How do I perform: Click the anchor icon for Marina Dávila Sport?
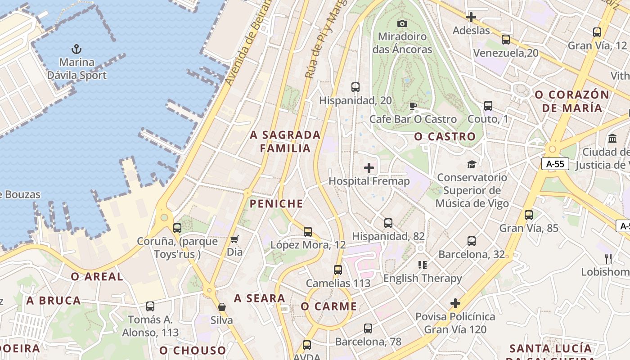[76, 49]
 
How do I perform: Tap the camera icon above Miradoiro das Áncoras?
[402, 23]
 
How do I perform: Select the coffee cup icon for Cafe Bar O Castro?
[413, 106]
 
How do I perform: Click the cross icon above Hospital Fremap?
[369, 168]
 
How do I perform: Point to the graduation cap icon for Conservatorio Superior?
[472, 164]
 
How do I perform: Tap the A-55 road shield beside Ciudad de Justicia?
[555, 164]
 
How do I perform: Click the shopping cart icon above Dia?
[234, 239]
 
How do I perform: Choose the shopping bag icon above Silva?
[222, 307]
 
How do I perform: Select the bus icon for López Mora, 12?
[308, 232]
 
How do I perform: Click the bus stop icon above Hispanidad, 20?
[355, 87]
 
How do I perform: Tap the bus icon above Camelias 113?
[338, 270]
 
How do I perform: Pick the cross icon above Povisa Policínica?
[455, 303]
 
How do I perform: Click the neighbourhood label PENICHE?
[276, 204]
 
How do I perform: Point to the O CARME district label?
[328, 307]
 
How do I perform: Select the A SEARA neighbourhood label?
[260, 298]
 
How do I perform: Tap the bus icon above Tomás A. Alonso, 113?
[150, 306]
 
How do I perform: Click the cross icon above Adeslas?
[471, 17]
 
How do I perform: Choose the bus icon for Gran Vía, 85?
[529, 215]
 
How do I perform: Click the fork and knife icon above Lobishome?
[608, 258]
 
